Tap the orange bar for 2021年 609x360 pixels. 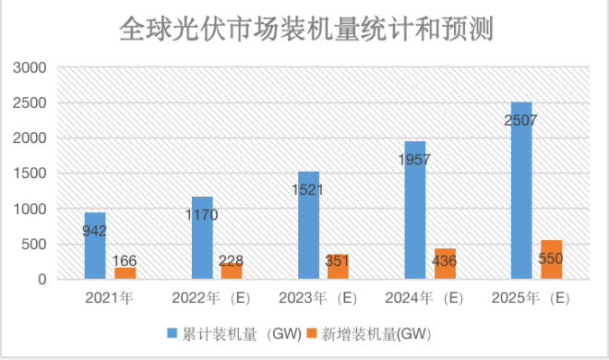(124, 273)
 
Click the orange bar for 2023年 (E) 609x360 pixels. (338, 268)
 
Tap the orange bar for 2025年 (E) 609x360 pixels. (551, 259)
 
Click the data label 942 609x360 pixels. (95, 232)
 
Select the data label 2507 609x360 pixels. (521, 120)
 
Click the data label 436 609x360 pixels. (445, 262)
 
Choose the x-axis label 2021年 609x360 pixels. (109, 298)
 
